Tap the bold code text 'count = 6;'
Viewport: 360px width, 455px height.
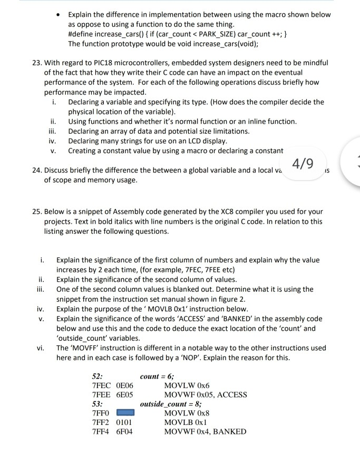point(158,376)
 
